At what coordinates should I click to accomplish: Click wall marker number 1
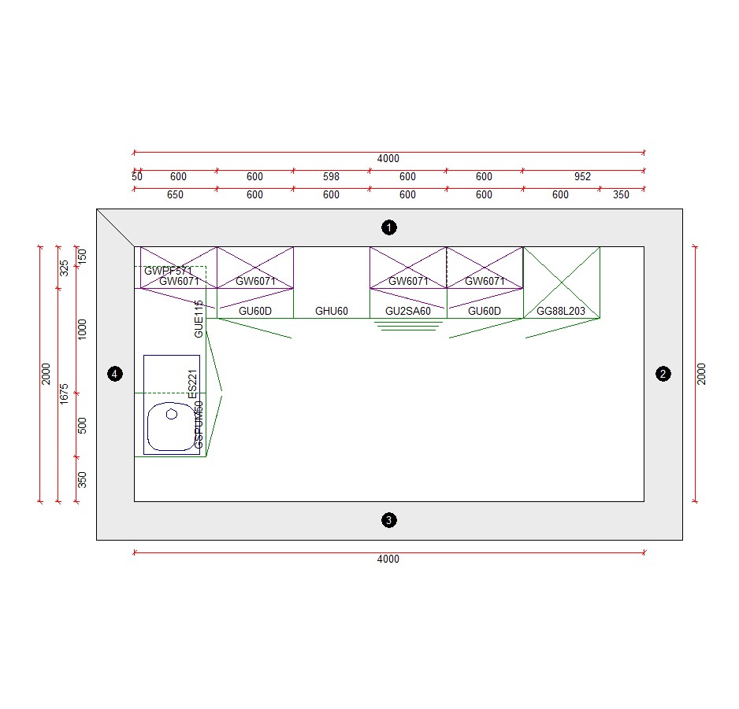point(388,227)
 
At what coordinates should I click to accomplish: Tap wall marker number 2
point(663,374)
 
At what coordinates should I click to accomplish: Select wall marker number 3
point(388,520)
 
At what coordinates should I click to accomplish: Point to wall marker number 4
point(115,374)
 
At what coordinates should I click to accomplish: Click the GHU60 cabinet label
point(332,312)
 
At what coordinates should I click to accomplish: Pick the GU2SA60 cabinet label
point(408,312)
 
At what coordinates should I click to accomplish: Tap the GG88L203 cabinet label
point(561,312)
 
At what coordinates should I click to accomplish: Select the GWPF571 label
point(168,271)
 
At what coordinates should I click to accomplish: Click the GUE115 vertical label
point(199,319)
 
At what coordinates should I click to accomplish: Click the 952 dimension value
point(582,177)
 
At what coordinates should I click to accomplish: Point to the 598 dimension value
point(332,177)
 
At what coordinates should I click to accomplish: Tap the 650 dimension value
point(176,195)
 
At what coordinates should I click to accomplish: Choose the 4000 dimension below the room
point(388,559)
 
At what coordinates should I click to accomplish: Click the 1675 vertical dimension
point(65,393)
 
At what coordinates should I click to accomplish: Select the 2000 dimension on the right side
point(702,374)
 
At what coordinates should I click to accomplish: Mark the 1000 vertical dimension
point(83,329)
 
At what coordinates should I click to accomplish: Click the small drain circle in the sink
point(172,414)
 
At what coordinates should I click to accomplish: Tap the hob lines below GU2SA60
point(408,325)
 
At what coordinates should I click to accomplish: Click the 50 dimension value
point(137,177)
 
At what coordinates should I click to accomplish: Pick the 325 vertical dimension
point(65,268)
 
